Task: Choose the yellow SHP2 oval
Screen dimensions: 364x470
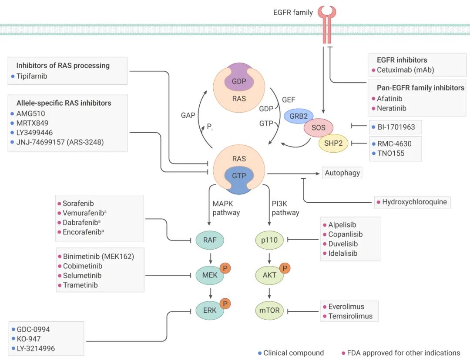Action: tap(333, 143)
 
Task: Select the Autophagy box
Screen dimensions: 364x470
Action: tap(342, 173)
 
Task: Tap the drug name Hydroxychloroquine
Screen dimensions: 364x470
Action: tap(414, 202)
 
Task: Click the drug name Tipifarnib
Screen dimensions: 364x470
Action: tap(31, 76)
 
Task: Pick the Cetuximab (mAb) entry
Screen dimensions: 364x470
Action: tap(405, 70)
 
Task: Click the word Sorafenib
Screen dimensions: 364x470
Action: tap(78, 203)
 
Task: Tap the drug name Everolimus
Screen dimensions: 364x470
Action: tap(346, 306)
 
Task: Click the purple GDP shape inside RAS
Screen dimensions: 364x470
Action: tap(239, 81)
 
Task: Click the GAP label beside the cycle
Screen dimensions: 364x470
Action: tap(188, 116)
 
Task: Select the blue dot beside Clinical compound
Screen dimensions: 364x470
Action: tap(259, 353)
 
